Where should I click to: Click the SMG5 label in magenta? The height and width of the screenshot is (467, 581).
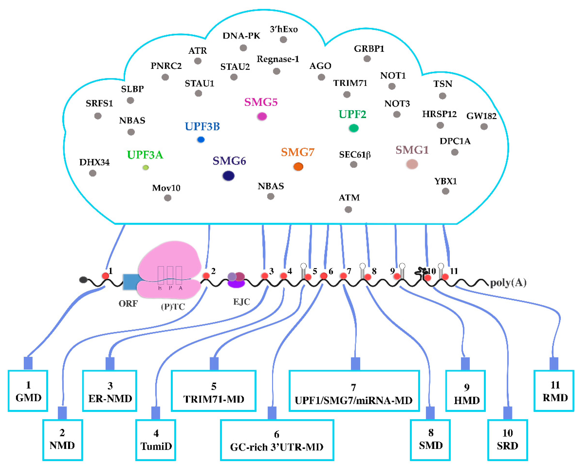tap(261, 102)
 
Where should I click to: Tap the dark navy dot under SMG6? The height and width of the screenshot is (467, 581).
tap(228, 176)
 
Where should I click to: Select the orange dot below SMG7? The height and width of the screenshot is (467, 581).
tap(298, 167)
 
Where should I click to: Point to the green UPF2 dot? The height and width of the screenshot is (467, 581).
tap(354, 128)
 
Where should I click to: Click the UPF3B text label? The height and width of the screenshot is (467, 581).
tap(202, 126)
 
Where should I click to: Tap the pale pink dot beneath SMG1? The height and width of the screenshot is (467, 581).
tap(412, 164)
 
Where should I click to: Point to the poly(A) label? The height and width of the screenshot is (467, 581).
tap(508, 283)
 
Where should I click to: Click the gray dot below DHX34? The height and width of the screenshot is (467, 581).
tap(93, 173)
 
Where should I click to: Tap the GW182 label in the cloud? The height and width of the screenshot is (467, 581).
tap(481, 116)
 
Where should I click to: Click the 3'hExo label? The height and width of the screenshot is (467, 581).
tap(284, 29)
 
